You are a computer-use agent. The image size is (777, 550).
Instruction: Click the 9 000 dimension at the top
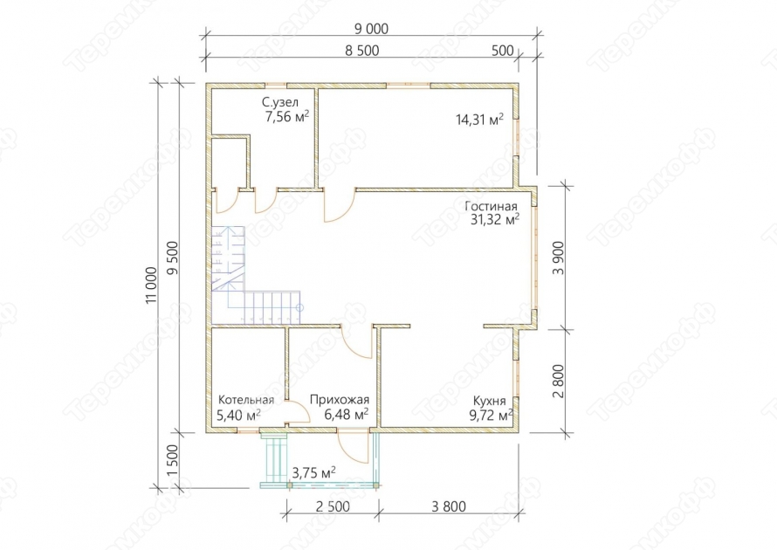coord(371,29)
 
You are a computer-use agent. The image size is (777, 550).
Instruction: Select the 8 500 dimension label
coord(361,51)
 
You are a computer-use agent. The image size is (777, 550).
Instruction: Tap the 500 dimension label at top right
coord(503,51)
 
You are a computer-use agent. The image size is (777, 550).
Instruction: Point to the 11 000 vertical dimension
coord(152,285)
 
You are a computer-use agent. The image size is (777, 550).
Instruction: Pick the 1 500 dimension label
coord(173,460)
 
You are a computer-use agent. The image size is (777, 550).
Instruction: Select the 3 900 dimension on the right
coord(558,258)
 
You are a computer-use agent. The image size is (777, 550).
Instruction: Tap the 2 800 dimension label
coord(558,381)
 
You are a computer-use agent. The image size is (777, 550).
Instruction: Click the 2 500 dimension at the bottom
coord(332,506)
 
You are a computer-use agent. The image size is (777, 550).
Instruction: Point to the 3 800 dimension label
coord(449,506)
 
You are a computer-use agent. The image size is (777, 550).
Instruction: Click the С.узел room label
coord(280,103)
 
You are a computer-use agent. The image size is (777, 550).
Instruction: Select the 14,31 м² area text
coord(479,120)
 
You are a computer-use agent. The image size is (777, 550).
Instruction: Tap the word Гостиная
coord(491,206)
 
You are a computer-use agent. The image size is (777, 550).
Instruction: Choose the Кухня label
coord(490,401)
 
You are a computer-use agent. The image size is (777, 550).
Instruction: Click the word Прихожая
coord(340,400)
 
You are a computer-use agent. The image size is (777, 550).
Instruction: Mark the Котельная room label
coord(246,400)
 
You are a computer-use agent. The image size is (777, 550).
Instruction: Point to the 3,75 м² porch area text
coord(313,472)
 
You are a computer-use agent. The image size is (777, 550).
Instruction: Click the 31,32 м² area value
coord(494,219)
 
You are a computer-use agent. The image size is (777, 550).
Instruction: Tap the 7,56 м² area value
coord(287,117)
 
